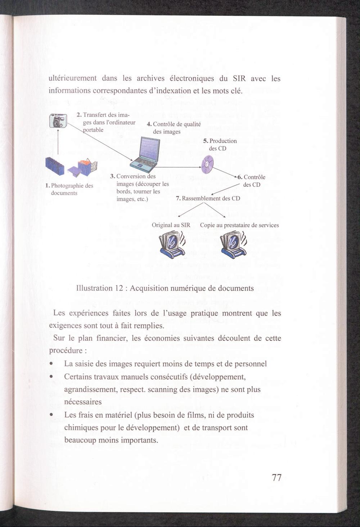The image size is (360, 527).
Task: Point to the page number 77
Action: click(276, 478)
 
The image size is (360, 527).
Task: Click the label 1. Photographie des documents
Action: click(69, 189)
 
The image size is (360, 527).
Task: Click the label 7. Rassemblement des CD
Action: click(208, 198)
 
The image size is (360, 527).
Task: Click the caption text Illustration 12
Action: click(165, 288)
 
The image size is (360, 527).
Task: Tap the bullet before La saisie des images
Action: click(52, 364)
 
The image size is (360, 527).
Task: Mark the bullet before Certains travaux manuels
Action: click(52, 377)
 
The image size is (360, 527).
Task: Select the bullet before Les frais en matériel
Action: click(52, 415)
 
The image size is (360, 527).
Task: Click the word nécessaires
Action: click(83, 402)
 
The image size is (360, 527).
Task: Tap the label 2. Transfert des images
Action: click(105, 122)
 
